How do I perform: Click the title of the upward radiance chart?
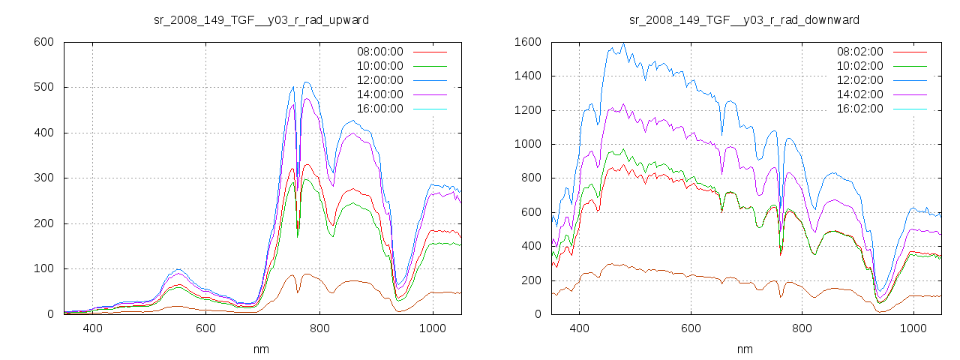click(261, 19)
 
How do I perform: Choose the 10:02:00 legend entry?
click(859, 66)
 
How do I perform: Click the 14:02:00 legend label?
click(859, 94)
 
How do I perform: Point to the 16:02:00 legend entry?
click(859, 109)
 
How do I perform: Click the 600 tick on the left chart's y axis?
click(43, 42)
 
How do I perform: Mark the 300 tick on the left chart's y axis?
click(43, 178)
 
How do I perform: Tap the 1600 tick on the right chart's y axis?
click(527, 42)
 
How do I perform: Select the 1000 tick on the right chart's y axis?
click(527, 144)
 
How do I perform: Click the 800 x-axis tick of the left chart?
click(319, 328)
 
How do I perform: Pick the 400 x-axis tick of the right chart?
click(579, 328)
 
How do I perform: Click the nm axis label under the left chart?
click(262, 349)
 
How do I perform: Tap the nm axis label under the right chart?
click(745, 349)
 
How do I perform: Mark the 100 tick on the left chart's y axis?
click(43, 268)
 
